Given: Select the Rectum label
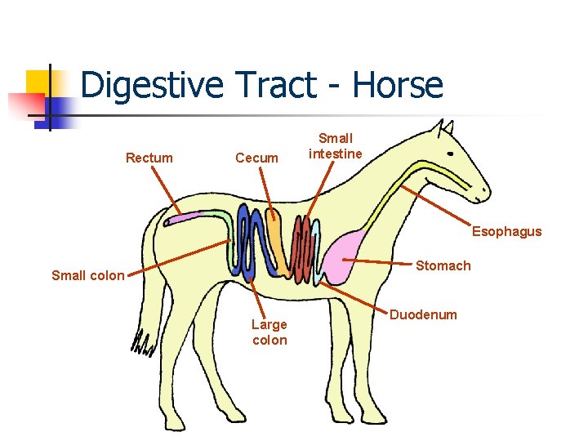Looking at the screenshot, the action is [x=149, y=158].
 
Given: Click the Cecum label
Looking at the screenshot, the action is [x=256, y=158].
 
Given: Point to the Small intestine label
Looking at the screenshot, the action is [x=336, y=146].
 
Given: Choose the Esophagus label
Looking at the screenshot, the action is [x=506, y=231].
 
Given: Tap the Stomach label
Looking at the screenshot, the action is [x=443, y=265].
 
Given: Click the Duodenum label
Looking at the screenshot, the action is [x=423, y=314].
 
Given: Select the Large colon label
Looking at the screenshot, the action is [x=269, y=332].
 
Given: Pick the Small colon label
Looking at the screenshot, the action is [x=88, y=275].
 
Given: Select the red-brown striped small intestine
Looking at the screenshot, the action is [x=303, y=249].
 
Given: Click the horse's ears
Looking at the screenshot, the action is [x=444, y=128].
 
